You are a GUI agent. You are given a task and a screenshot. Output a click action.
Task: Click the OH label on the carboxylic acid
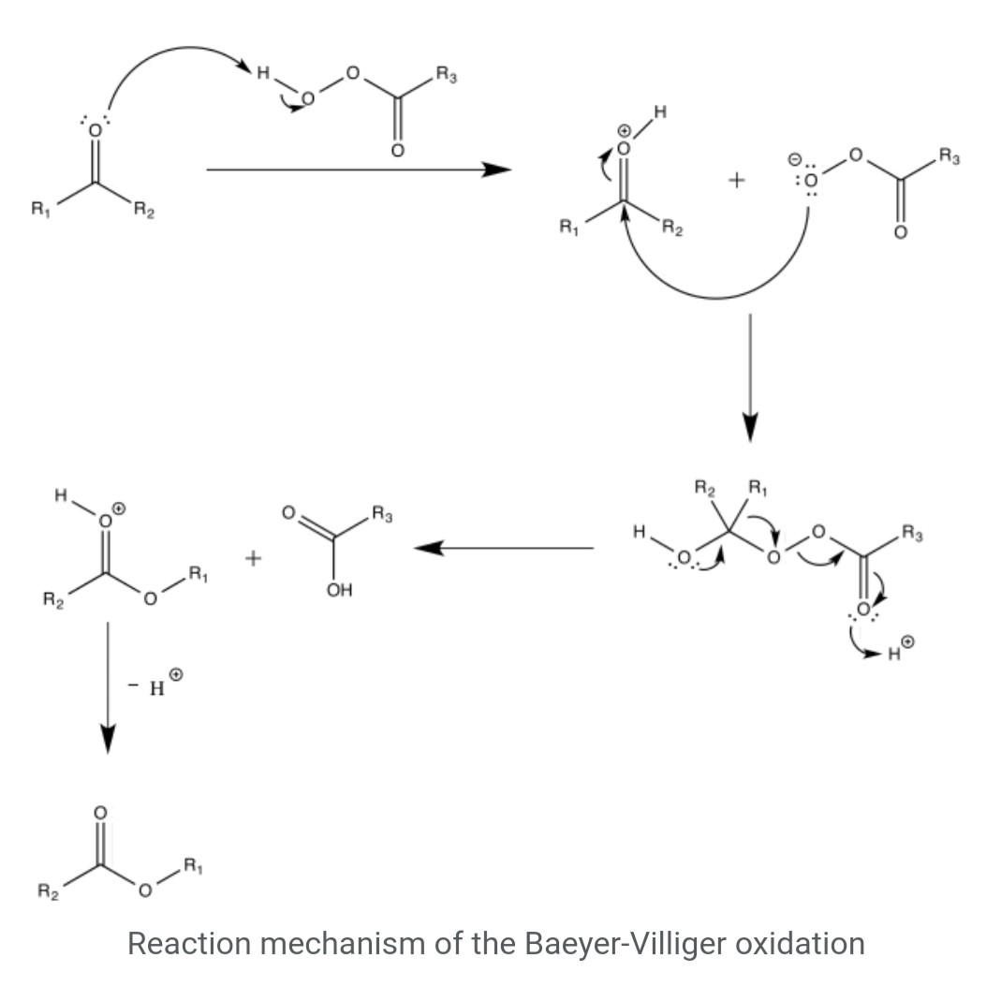(339, 590)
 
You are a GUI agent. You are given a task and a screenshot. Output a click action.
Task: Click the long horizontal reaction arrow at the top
(359, 169)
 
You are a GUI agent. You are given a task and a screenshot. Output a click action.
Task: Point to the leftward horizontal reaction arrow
(504, 548)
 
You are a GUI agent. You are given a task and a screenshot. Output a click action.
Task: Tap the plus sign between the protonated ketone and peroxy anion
(736, 181)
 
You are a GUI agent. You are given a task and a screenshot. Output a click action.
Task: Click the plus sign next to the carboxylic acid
(254, 559)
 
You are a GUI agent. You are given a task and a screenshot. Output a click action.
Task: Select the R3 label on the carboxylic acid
(382, 514)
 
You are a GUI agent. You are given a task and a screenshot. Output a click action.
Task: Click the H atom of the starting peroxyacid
(262, 73)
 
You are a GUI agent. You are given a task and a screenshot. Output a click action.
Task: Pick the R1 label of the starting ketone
(40, 209)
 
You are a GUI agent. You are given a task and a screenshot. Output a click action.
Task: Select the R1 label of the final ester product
(193, 866)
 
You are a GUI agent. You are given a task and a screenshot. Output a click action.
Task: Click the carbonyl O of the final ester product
(99, 813)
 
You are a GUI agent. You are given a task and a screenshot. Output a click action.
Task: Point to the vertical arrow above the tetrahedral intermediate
(750, 377)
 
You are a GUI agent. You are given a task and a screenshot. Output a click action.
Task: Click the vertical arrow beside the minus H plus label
(108, 687)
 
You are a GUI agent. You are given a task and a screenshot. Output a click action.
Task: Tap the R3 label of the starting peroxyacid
(447, 75)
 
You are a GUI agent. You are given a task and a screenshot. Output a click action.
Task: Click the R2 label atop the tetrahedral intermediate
(705, 489)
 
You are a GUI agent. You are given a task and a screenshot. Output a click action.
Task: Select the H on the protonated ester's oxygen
(61, 494)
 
